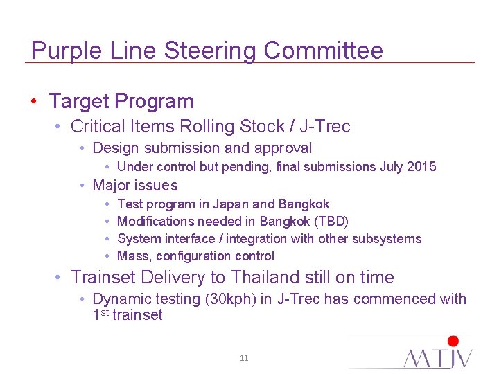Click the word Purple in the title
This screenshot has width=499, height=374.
point(61,51)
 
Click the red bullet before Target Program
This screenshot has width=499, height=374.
point(34,102)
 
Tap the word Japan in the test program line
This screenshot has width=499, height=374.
point(231,204)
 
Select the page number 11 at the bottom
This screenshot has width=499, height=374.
point(244,358)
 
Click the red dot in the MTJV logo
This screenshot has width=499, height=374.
point(453,341)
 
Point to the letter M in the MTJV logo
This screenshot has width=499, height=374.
point(419,357)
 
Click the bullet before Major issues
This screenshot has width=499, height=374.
point(82,186)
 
